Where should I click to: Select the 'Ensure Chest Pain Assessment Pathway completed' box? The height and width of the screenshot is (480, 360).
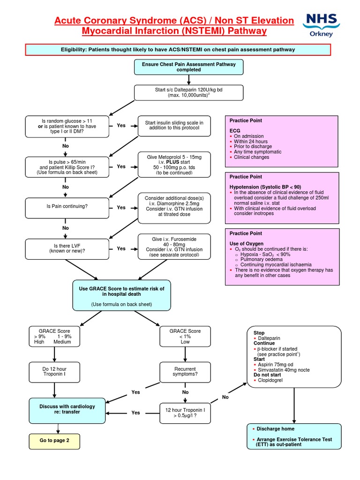[x=188, y=67]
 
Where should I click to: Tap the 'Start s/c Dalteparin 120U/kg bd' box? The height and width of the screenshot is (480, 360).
[x=188, y=92]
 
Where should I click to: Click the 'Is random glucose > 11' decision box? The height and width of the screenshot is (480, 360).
[x=67, y=126]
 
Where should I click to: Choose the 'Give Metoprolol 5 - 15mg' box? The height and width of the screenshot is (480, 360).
[x=174, y=164]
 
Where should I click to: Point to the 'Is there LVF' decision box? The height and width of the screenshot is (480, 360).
[x=67, y=248]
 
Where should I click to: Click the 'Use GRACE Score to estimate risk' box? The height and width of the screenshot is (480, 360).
[x=121, y=296]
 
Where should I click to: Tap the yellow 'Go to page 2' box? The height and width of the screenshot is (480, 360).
[x=54, y=441]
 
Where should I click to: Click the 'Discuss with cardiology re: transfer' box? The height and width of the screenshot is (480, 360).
[x=67, y=409]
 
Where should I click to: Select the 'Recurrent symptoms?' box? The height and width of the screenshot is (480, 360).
[x=185, y=372]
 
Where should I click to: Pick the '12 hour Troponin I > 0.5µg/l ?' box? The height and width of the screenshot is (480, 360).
[x=185, y=413]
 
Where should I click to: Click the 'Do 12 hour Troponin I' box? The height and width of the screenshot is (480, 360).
[x=55, y=372]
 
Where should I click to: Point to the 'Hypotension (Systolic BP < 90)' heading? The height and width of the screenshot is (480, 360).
[x=265, y=187]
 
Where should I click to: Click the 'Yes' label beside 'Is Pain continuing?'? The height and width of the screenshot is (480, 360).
[x=121, y=207]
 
